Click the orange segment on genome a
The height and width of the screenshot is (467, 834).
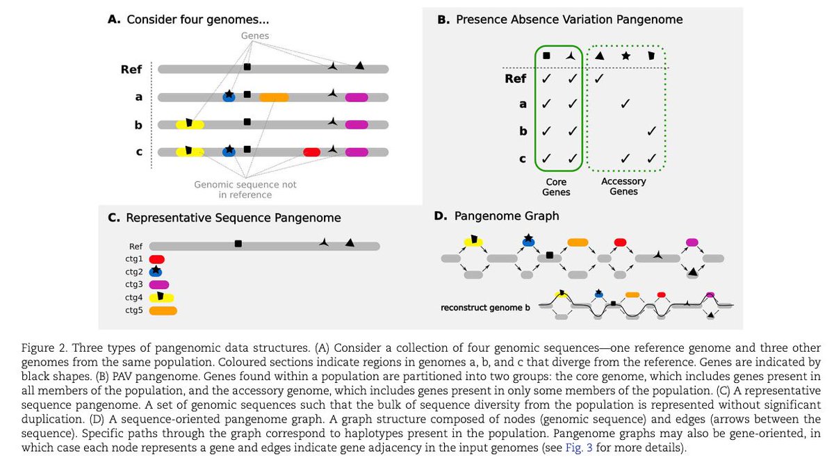coord(274,97)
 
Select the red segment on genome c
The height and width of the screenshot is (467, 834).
coord(311,152)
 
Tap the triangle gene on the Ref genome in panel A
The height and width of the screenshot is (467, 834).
coord(359,65)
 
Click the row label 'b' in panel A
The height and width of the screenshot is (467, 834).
coord(138,125)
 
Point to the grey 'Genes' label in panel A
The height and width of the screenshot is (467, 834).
coord(254,35)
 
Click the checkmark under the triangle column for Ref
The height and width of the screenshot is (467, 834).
coord(598,79)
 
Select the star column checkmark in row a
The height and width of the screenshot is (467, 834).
coord(625,104)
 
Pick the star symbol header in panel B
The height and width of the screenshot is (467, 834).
coord(626,56)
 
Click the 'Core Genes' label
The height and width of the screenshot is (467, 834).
coord(556,187)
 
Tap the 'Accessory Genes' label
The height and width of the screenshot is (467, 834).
coord(623,186)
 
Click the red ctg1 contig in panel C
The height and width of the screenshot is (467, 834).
coord(157,259)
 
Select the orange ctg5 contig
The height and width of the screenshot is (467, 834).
coord(163,311)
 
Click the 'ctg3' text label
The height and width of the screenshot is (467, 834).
coord(134,284)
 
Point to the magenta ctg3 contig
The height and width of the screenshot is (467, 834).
coord(159,285)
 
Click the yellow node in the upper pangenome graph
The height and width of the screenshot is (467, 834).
coord(473,243)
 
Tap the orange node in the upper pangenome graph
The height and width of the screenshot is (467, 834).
coord(578,243)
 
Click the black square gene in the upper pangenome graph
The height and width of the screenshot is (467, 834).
coord(550,255)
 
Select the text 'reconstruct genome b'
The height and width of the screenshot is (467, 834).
coord(485,308)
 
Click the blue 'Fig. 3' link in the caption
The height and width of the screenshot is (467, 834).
coord(579,448)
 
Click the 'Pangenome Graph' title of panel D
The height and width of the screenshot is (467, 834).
coord(507,216)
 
